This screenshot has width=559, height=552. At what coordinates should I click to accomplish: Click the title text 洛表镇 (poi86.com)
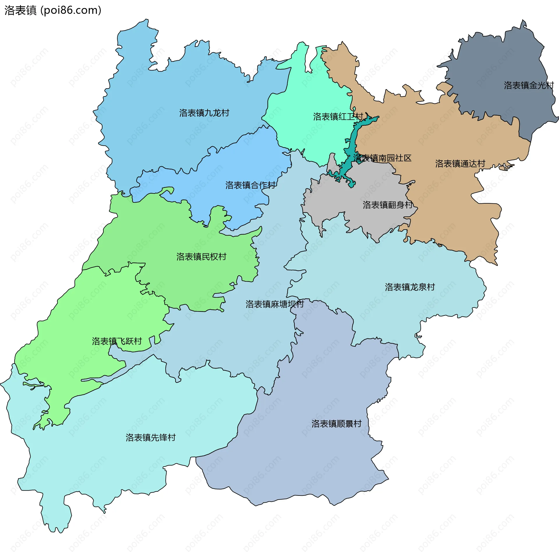click(53, 10)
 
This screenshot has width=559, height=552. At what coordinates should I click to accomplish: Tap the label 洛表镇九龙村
click(204, 113)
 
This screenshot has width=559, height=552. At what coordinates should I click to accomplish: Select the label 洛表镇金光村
click(529, 85)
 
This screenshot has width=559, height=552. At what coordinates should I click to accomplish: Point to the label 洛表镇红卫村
click(338, 117)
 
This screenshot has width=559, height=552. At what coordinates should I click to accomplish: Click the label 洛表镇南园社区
click(382, 158)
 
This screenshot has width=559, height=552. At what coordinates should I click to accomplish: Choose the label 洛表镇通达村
click(460, 163)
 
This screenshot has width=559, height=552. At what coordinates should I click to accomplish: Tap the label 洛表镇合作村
click(250, 185)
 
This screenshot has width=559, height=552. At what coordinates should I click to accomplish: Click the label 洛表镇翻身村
click(388, 205)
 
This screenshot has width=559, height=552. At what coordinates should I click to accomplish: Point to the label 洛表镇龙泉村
click(410, 287)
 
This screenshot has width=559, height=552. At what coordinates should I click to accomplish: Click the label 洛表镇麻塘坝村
click(275, 304)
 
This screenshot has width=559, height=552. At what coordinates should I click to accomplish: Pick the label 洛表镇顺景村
click(336, 424)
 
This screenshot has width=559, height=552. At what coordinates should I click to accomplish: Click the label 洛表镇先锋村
click(151, 437)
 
